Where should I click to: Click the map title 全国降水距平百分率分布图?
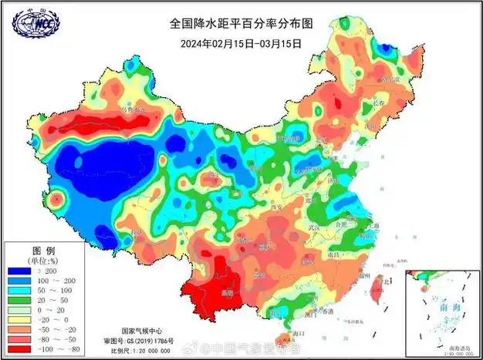241,24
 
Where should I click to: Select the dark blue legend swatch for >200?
19,272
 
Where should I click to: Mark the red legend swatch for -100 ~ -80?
19,348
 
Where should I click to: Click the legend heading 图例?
43,251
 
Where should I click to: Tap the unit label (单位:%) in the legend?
43,261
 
